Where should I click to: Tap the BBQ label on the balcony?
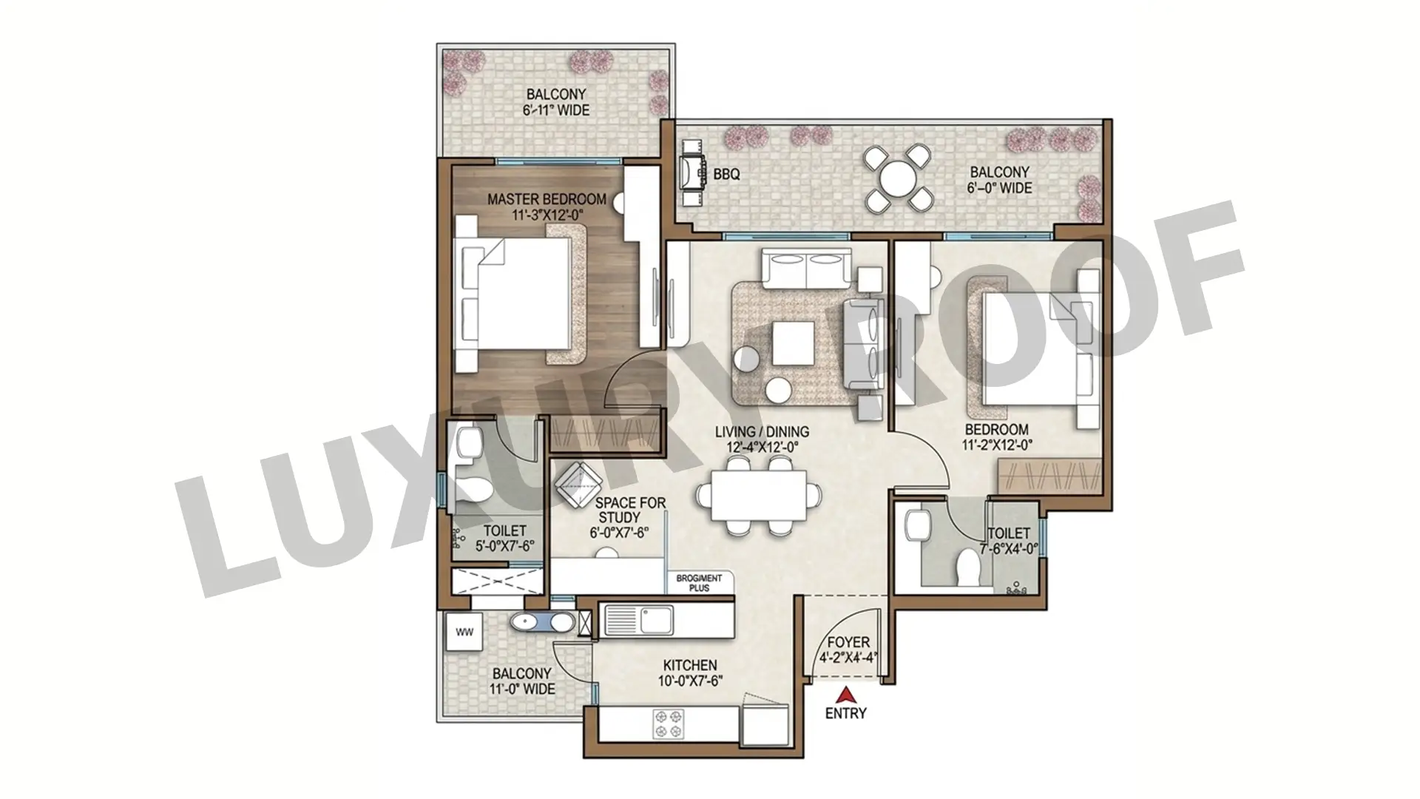point(726,175)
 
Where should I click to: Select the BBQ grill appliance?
point(693,175)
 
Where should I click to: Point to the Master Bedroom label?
point(547,199)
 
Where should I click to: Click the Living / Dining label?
point(762,431)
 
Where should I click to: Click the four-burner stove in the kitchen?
point(667,724)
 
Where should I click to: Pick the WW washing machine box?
point(464,633)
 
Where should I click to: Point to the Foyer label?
point(848,642)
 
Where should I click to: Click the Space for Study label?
point(631,510)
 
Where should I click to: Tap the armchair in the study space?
point(578,485)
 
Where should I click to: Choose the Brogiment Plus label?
point(698,583)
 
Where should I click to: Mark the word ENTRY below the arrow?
point(845,714)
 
